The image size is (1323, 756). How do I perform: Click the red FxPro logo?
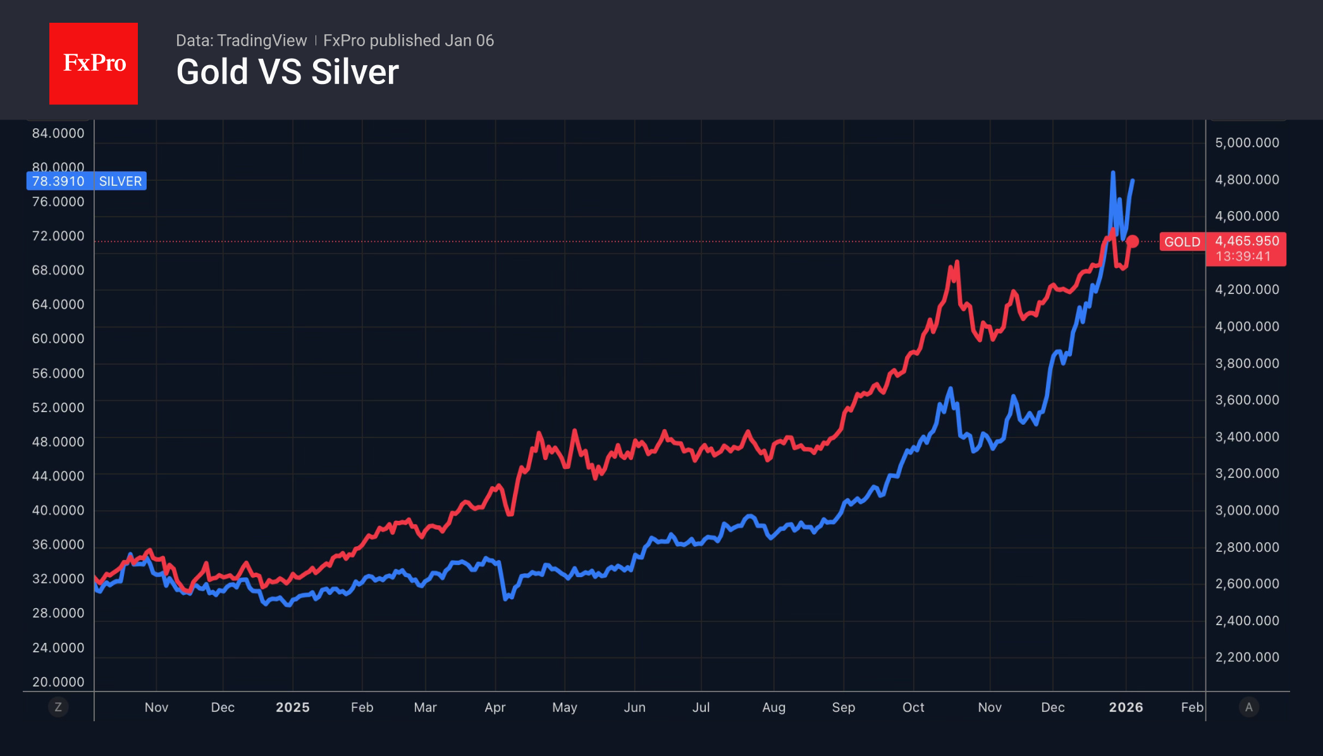[94, 63]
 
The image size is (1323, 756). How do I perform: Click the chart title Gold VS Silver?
[287, 72]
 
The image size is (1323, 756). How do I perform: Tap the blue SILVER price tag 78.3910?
[58, 181]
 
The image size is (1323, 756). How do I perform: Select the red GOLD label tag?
[1181, 242]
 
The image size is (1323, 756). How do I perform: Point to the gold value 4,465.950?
[1246, 241]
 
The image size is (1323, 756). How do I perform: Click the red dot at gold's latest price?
[1133, 241]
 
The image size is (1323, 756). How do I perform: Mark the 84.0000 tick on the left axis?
[58, 133]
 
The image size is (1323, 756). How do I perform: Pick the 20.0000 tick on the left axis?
[58, 682]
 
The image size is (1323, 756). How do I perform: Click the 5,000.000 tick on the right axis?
[1246, 143]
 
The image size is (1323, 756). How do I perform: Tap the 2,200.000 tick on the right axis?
[1246, 657]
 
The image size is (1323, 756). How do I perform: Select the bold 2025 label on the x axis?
[292, 707]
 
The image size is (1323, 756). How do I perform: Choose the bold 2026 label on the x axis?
[1126, 707]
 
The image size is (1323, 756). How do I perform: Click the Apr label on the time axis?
[495, 707]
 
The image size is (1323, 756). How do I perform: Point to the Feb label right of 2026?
[1191, 707]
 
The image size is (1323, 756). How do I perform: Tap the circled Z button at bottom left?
[58, 707]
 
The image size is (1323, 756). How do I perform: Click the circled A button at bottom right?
[1248, 707]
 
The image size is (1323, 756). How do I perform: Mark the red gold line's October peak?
[956, 262]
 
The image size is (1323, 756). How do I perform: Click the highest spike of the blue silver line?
[1113, 173]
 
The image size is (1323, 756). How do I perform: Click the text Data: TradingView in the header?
[241, 40]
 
